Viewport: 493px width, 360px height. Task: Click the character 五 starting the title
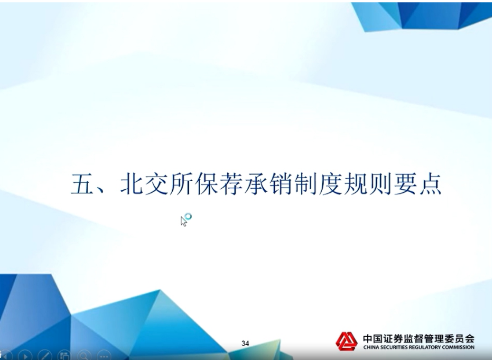pyautogui.click(x=82, y=184)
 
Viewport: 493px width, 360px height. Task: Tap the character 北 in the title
pyautogui.click(x=132, y=184)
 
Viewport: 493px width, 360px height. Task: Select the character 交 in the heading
pyautogui.click(x=157, y=184)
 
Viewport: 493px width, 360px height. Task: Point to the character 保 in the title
pyautogui.click(x=206, y=184)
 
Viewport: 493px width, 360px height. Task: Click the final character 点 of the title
pyautogui.click(x=430, y=184)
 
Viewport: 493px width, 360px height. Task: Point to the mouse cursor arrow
pyautogui.click(x=184, y=221)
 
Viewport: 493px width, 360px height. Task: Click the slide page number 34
pyautogui.click(x=245, y=343)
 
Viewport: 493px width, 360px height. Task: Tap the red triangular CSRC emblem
pyautogui.click(x=346, y=341)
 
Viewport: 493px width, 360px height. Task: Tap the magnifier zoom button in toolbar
pyautogui.click(x=84, y=356)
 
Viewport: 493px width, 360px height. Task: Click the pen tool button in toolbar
pyautogui.click(x=45, y=356)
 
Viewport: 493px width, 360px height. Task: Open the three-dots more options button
pyautogui.click(x=104, y=356)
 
